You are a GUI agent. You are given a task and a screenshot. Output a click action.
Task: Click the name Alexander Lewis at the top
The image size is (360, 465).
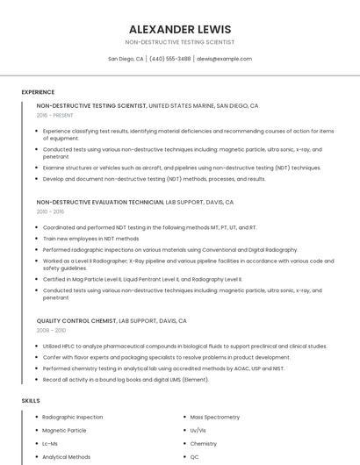click(x=179, y=28)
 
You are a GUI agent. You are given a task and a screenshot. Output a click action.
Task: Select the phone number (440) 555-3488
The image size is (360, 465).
click(x=169, y=59)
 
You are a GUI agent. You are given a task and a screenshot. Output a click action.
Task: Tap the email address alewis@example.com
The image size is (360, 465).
click(x=224, y=59)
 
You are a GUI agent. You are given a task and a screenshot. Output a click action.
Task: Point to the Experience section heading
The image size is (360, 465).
click(x=38, y=91)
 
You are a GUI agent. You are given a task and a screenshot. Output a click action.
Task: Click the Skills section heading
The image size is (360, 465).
click(x=31, y=400)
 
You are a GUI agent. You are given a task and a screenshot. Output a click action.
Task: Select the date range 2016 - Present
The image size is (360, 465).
click(x=54, y=115)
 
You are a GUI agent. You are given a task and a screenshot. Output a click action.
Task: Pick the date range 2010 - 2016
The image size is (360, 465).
click(x=50, y=211)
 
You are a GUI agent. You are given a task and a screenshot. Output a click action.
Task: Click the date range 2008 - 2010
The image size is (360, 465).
click(x=51, y=331)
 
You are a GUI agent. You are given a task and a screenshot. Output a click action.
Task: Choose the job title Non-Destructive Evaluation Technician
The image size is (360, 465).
click(x=99, y=202)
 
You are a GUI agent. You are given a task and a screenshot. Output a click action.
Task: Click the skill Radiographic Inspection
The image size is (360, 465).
click(x=73, y=417)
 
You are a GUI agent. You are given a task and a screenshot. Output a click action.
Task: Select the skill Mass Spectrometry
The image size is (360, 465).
click(x=215, y=417)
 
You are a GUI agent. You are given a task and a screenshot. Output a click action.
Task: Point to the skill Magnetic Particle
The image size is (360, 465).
click(x=64, y=430)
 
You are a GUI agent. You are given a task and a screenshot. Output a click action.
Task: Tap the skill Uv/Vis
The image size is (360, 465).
click(x=198, y=430)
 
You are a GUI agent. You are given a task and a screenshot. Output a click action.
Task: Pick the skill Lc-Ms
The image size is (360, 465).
click(x=51, y=444)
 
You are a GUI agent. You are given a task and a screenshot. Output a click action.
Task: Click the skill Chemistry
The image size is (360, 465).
click(x=204, y=444)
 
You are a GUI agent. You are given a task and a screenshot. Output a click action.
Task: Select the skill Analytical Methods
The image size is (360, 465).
click(x=67, y=457)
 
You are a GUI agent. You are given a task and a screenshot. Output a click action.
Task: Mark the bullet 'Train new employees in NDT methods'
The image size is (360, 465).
click(x=90, y=239)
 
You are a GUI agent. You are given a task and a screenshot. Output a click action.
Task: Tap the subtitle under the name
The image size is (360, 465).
click(x=179, y=41)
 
